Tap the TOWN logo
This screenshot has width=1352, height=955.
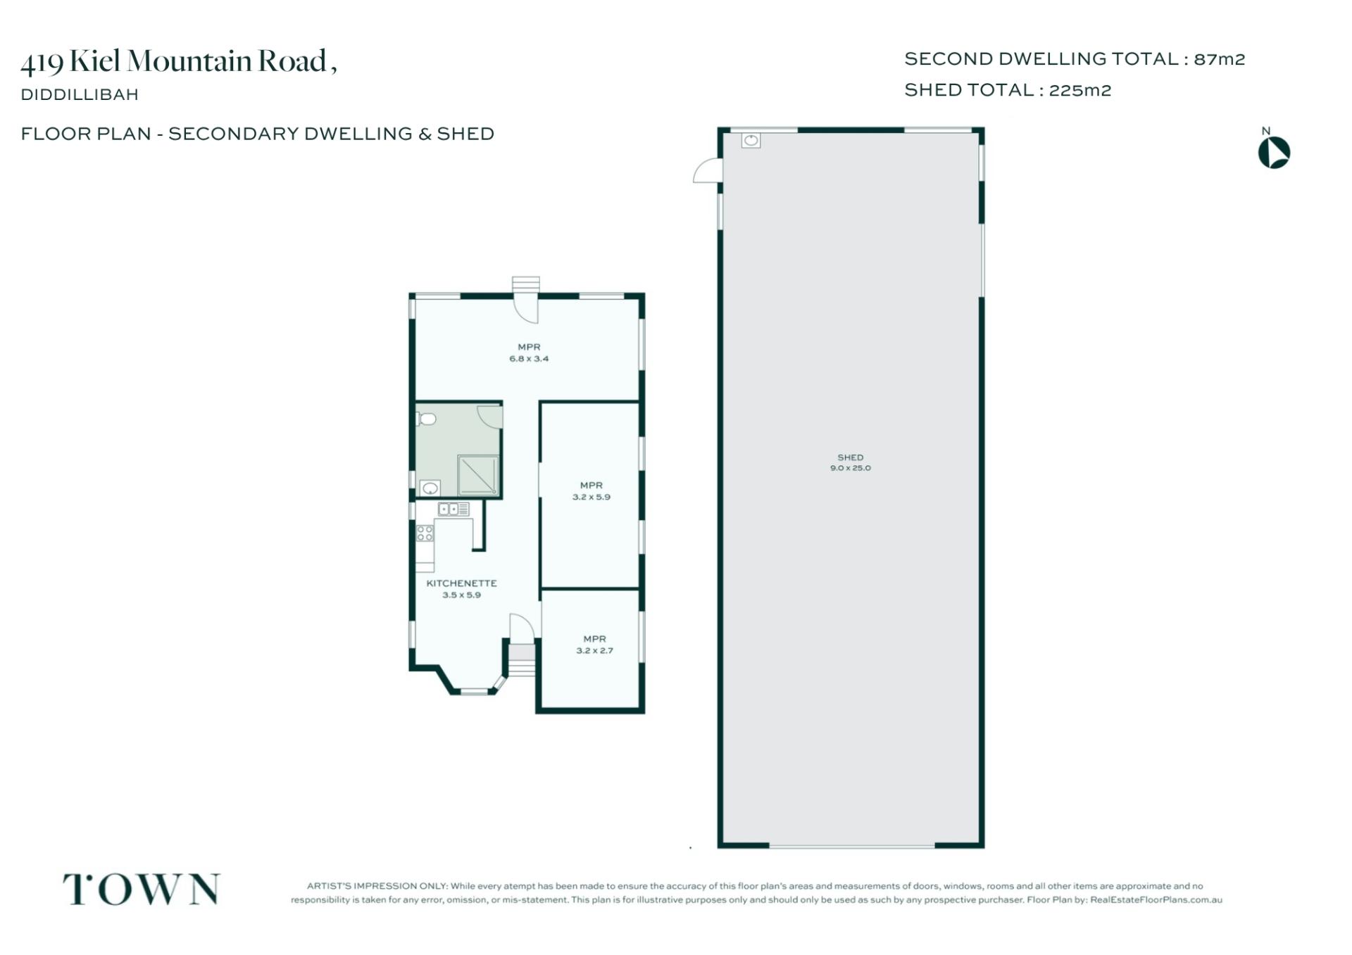pos(142,889)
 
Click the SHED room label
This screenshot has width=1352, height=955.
pos(850,457)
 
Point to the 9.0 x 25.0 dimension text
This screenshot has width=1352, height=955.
pos(850,468)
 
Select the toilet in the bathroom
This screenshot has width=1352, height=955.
pos(426,419)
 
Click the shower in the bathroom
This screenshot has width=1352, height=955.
pos(477,475)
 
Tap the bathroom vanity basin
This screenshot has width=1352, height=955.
pos(430,488)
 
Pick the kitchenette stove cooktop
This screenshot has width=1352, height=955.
pos(425,533)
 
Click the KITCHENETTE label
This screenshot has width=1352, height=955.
pos(461,583)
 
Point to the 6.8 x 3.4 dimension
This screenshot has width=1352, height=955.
pos(529,359)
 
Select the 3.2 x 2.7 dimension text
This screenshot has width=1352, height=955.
pos(594,651)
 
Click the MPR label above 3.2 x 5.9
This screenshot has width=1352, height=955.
pos(591,486)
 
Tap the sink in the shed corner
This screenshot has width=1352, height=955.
pos(751,140)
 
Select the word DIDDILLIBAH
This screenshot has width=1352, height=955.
pos(80,94)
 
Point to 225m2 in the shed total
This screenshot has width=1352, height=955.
pos(1079,90)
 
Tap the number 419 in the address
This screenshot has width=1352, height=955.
pos(42,63)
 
